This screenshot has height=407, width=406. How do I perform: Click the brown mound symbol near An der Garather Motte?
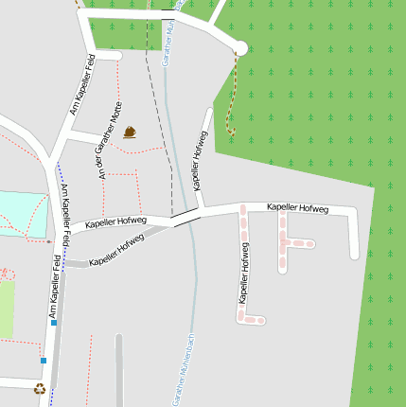(130, 133)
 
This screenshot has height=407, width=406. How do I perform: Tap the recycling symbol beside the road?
(40, 387)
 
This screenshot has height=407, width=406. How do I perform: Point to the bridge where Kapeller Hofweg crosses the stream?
(185, 217)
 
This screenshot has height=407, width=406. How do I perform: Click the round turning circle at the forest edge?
(239, 47)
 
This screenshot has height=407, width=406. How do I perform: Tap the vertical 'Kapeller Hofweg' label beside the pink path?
(244, 273)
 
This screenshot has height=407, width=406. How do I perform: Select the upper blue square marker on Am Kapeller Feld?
(54, 323)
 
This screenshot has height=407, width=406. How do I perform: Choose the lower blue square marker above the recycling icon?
(44, 360)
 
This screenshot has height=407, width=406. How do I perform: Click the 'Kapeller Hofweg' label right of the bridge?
(297, 207)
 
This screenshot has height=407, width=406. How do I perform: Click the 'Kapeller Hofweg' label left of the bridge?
(115, 222)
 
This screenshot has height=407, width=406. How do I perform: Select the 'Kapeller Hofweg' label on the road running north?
(198, 151)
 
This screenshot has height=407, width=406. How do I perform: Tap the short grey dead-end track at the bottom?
(119, 369)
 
